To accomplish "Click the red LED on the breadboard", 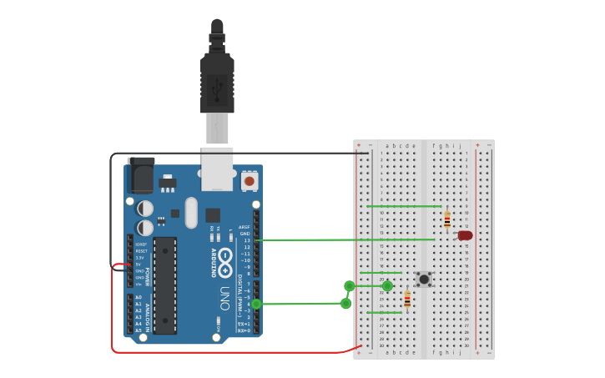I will [465, 235].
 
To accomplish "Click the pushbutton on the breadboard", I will [424, 279].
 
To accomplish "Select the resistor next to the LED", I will [447, 220].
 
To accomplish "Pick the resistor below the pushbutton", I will [407, 300].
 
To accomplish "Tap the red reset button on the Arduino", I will [249, 179].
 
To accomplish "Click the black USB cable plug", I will [217, 83].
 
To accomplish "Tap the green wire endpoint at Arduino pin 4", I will [256, 304].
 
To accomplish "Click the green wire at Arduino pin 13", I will [259, 240].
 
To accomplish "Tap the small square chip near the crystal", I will [213, 214].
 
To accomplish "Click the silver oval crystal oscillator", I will [191, 212].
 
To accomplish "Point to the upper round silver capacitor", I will [145, 208].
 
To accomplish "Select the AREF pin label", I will [245, 227].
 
